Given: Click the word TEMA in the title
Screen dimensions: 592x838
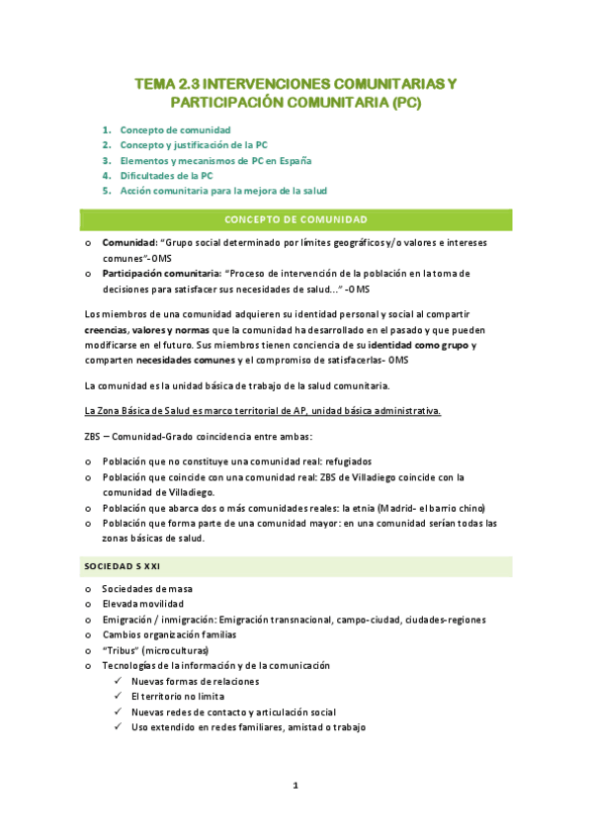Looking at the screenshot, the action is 156,83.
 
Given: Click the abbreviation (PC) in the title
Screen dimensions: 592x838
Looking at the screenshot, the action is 406,102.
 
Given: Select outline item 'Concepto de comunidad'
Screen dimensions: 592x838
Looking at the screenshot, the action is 175,129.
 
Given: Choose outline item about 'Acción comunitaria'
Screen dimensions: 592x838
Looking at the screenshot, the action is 222,190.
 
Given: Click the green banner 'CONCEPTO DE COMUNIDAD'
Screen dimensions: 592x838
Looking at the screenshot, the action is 296,219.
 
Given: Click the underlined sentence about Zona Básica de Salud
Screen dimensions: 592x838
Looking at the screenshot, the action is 262,410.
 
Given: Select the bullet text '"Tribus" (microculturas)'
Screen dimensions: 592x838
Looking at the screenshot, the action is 158,651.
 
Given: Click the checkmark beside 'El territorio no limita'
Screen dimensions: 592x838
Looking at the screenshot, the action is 119,697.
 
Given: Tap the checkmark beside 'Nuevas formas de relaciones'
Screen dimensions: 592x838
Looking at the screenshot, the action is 119,682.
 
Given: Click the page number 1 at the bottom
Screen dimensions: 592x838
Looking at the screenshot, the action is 295,786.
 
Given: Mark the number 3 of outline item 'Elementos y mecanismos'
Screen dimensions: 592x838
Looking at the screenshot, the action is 107,160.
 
